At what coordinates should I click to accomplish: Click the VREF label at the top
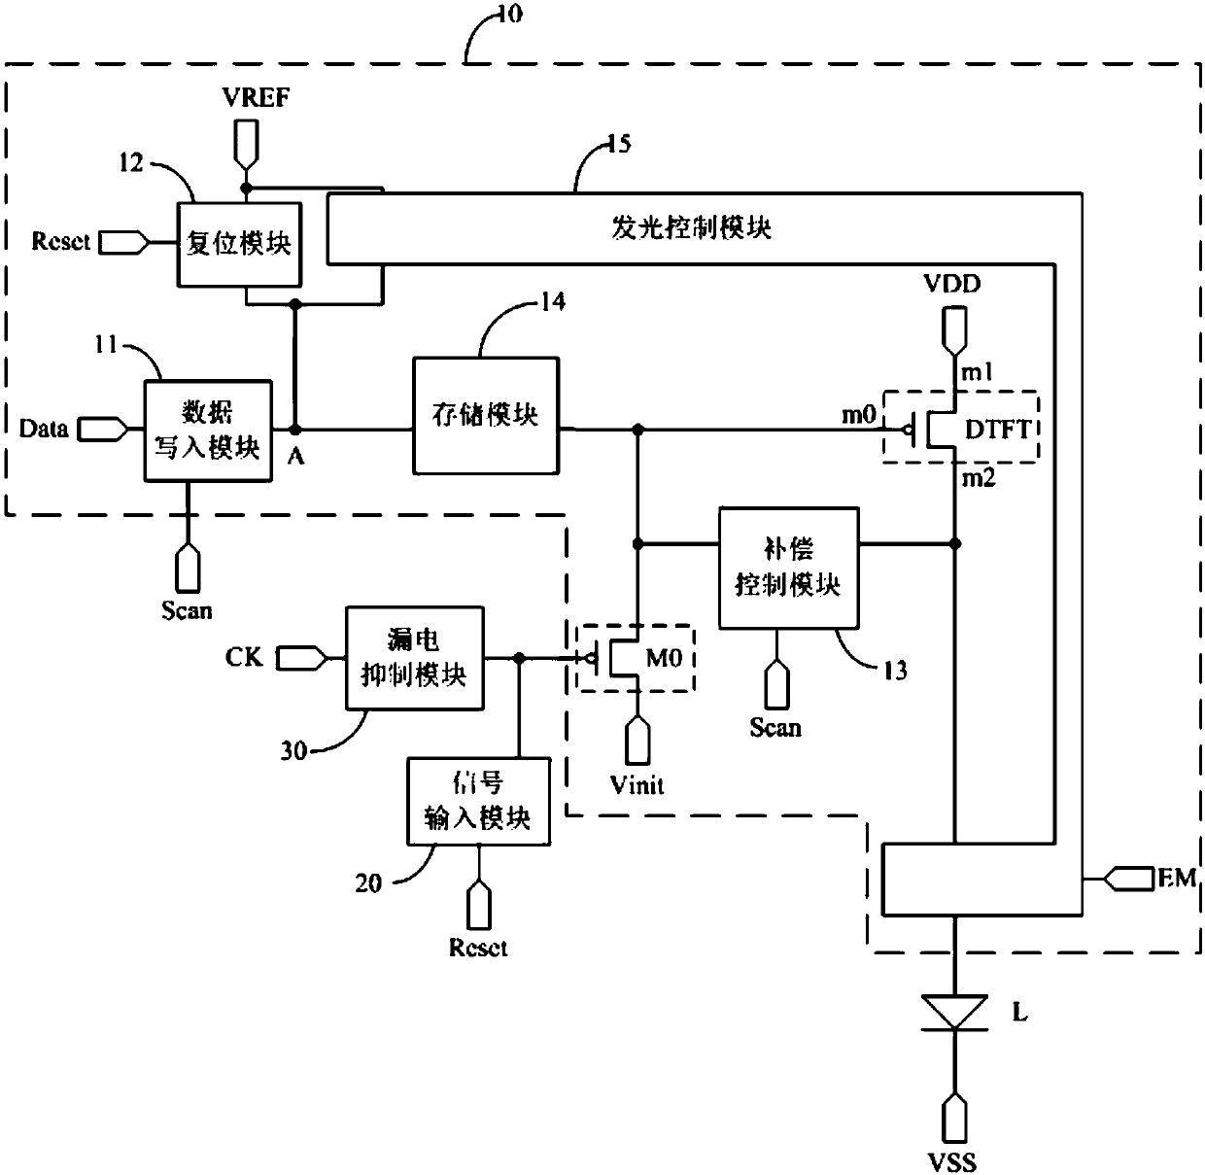click(x=256, y=97)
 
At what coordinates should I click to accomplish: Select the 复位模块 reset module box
click(x=240, y=244)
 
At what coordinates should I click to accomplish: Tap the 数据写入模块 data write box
click(x=208, y=431)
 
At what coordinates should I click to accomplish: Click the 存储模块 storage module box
click(x=486, y=416)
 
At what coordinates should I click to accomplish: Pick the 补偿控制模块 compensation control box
click(x=788, y=568)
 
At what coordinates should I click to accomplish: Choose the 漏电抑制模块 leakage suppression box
click(x=415, y=658)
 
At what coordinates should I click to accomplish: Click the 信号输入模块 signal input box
click(x=479, y=802)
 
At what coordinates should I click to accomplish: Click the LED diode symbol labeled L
click(x=954, y=1013)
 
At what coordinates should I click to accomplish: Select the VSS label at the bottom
click(x=952, y=1162)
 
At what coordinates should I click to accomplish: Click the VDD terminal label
click(x=952, y=284)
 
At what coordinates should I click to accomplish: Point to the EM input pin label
click(x=1177, y=878)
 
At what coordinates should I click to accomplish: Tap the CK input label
click(x=244, y=657)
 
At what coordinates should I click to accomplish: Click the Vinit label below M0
click(x=637, y=785)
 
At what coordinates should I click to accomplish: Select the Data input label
click(x=44, y=429)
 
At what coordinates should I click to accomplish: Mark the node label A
click(x=296, y=457)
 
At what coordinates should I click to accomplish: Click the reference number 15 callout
click(x=619, y=144)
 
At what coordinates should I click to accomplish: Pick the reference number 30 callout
click(x=294, y=750)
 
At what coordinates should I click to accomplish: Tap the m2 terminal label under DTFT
click(x=979, y=478)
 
